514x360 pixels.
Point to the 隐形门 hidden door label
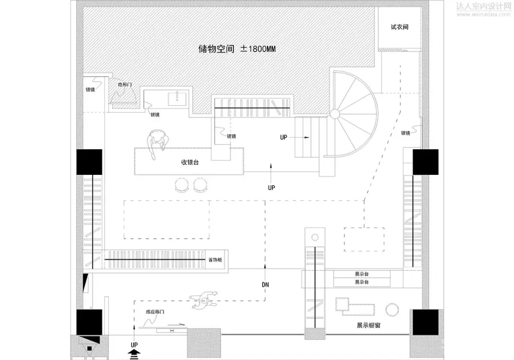[x=125, y=84]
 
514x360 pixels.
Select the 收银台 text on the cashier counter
[x=190, y=161]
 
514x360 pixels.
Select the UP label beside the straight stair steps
[x=284, y=137]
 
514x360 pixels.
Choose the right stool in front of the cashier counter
[x=200, y=185]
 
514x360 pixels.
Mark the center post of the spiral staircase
[x=335, y=113]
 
